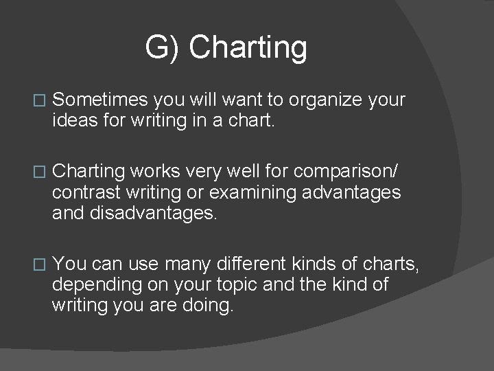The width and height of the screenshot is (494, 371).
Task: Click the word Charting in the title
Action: coord(248,48)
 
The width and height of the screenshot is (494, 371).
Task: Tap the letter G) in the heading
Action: coord(162,48)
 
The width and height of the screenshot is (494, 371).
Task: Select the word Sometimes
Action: coord(100,100)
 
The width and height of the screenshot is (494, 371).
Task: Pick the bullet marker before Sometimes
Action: coord(38,101)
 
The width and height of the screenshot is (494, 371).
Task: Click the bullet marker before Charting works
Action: coord(38,172)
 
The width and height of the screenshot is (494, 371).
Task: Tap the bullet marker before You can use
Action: coord(38,263)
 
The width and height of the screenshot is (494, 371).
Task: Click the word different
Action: coord(250,263)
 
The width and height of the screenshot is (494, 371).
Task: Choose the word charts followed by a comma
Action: coord(392,263)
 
